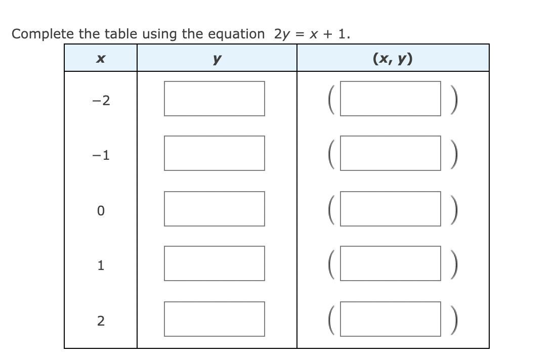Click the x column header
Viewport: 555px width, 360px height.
click(x=100, y=59)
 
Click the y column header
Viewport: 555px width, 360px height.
click(x=217, y=59)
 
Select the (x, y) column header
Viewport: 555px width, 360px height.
click(x=393, y=59)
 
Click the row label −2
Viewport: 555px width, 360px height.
click(x=101, y=101)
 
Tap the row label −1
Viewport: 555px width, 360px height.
click(x=101, y=155)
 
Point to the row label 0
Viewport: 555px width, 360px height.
click(x=101, y=211)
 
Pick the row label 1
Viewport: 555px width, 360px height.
click(x=101, y=265)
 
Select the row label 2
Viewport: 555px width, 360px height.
click(x=101, y=321)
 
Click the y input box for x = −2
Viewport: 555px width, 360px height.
click(x=214, y=99)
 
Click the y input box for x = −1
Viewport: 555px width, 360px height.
click(x=214, y=153)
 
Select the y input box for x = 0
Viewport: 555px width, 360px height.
click(x=214, y=209)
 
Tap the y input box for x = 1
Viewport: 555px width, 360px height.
click(x=214, y=263)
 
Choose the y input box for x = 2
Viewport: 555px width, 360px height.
click(x=214, y=319)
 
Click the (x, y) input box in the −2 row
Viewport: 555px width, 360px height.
click(x=390, y=99)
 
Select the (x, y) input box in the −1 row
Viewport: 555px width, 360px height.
click(x=390, y=153)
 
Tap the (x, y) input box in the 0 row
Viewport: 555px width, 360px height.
click(x=390, y=209)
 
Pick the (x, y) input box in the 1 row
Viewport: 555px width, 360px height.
click(x=390, y=263)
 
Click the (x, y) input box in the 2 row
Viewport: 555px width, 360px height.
click(x=390, y=319)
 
